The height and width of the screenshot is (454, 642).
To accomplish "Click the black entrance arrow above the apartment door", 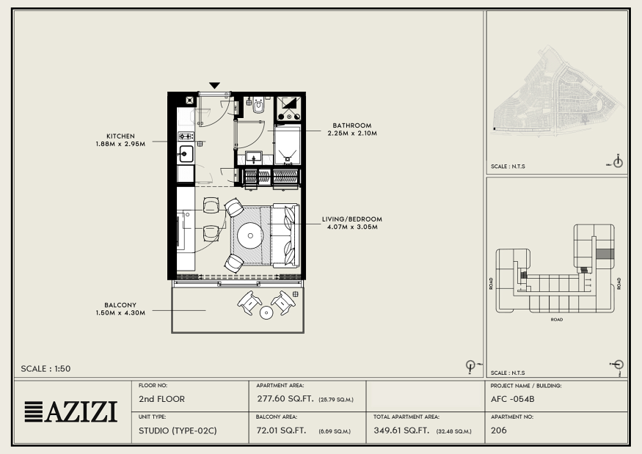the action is [x=214, y=85].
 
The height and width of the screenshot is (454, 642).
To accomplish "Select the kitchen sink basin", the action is [x=186, y=154].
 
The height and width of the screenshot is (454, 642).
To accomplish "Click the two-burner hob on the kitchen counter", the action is [x=186, y=136].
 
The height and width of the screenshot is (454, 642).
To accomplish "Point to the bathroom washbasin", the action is [x=254, y=158].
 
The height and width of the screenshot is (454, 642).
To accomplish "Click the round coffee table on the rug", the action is [x=250, y=235].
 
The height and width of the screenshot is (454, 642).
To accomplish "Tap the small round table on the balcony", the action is [x=266, y=312].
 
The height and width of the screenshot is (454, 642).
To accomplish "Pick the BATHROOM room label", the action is [x=352, y=125].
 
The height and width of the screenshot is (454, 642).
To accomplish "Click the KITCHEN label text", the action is [x=120, y=136].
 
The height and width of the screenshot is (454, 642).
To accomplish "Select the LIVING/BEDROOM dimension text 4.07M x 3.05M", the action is [x=352, y=227].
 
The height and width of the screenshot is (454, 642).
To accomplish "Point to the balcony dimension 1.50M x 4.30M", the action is [x=120, y=312].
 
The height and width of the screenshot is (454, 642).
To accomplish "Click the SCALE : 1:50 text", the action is [x=45, y=368].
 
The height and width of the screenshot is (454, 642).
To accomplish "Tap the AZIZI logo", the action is [x=71, y=412].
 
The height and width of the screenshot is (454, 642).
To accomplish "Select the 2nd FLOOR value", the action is [x=161, y=399].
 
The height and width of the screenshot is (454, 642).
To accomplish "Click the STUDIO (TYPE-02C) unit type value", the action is [x=178, y=431].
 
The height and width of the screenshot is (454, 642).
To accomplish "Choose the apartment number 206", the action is [x=499, y=431].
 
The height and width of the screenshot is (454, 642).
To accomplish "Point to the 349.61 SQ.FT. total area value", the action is [x=401, y=431].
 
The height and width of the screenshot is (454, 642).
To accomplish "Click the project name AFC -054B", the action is [x=513, y=399].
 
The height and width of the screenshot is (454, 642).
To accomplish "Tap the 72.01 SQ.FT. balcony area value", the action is [x=281, y=431].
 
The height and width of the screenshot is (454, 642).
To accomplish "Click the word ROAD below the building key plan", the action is [x=556, y=319].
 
